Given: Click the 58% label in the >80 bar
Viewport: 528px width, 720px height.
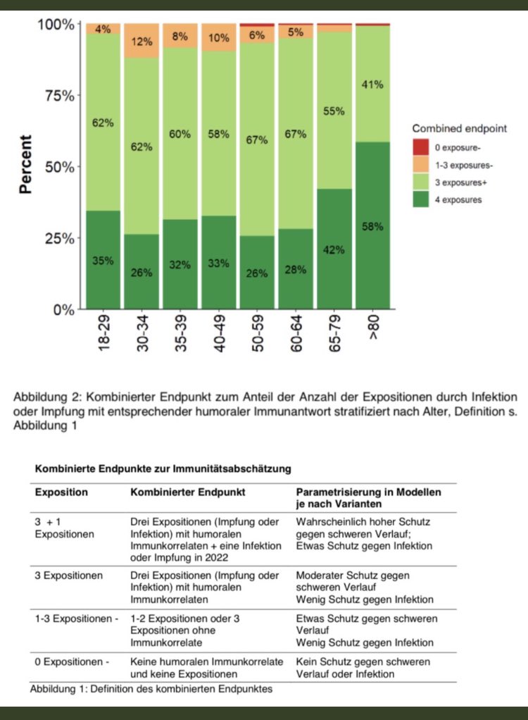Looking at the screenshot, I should click(372, 226).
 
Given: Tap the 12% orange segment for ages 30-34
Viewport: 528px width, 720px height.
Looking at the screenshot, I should click(142, 41).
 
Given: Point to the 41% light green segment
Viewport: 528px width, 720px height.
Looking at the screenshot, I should click(372, 84).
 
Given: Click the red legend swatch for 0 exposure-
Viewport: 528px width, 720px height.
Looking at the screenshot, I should click(420, 147).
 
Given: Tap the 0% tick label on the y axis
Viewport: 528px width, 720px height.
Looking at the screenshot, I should click(62, 309).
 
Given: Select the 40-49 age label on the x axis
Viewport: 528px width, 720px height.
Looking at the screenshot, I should click(219, 333).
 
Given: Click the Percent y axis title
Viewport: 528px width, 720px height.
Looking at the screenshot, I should click(26, 165).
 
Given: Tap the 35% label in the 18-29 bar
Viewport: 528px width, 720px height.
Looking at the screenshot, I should click(103, 260).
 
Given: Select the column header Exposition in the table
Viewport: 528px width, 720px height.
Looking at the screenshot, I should click(62, 492).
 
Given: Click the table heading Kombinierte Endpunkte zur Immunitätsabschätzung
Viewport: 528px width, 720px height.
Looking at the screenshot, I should click(163, 468).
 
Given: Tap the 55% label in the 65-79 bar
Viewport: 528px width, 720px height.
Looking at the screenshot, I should click(334, 111).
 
